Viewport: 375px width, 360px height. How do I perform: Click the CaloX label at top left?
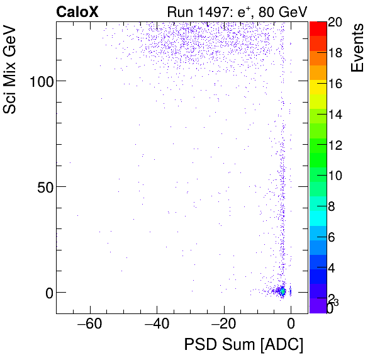pos(77,11)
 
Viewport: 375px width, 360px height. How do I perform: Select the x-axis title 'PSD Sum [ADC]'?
pos(243,345)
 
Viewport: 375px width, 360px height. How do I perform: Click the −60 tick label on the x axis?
pos(89,325)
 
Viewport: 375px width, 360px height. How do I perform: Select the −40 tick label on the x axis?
pos(156,325)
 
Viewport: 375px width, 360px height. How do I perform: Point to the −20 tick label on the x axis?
pos(223,325)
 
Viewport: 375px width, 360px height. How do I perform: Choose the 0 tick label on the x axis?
pos(291,325)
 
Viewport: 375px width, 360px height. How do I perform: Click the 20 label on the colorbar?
pos(335,22)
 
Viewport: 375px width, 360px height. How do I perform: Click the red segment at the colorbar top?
pos(318,28)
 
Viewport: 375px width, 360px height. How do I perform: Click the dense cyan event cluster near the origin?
pos(283,291)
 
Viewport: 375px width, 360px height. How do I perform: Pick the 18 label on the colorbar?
pos(335,53)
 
